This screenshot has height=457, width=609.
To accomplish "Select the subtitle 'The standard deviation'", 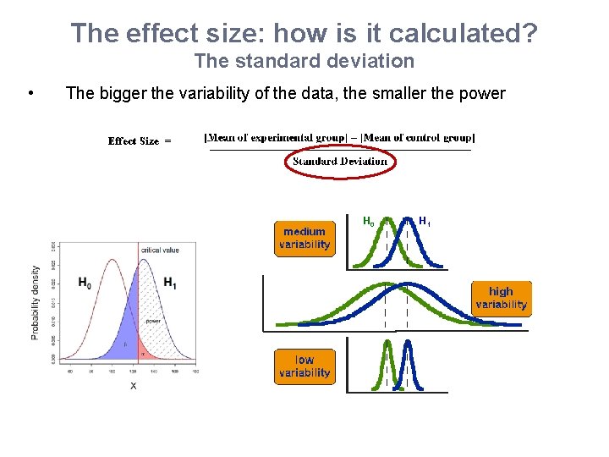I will coord(304,61).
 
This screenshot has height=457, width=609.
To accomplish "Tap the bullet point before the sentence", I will coord(30,93).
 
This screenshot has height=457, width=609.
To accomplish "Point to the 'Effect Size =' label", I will coord(140,141).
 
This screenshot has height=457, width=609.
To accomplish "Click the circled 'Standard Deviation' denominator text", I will coord(340,161).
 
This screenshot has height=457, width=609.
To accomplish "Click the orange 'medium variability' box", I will coord(304,238).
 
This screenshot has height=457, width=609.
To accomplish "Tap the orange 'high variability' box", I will coord(501,298).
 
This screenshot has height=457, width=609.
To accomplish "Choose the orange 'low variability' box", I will coord(304,366).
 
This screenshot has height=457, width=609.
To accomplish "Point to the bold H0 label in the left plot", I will coord(85,283).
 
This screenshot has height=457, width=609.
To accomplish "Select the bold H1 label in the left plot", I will coord(170,283).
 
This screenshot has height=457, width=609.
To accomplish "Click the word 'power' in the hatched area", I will coord(153,321).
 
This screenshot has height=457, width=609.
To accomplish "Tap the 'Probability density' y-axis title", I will coord(36,302).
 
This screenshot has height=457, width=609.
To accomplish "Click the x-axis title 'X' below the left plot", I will coord(133,386).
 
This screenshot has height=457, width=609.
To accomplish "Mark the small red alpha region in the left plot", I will coord(143,353).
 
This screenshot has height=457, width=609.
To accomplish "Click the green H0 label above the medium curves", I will coord(368,222).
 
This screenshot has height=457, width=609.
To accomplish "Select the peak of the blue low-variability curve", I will coord(408,342).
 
